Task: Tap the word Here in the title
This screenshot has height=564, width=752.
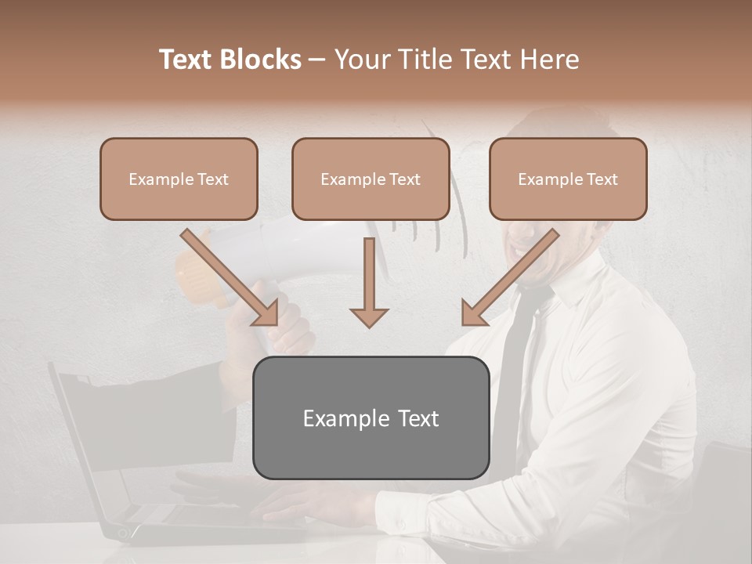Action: click(x=549, y=60)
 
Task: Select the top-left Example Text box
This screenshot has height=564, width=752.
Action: click(x=179, y=179)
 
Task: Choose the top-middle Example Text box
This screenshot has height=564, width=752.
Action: click(x=371, y=179)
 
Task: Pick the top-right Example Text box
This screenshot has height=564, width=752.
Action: click(x=568, y=179)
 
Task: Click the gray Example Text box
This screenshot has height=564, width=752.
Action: click(x=371, y=418)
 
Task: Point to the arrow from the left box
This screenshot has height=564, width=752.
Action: click(x=230, y=277)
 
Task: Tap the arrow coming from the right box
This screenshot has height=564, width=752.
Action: click(x=510, y=277)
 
